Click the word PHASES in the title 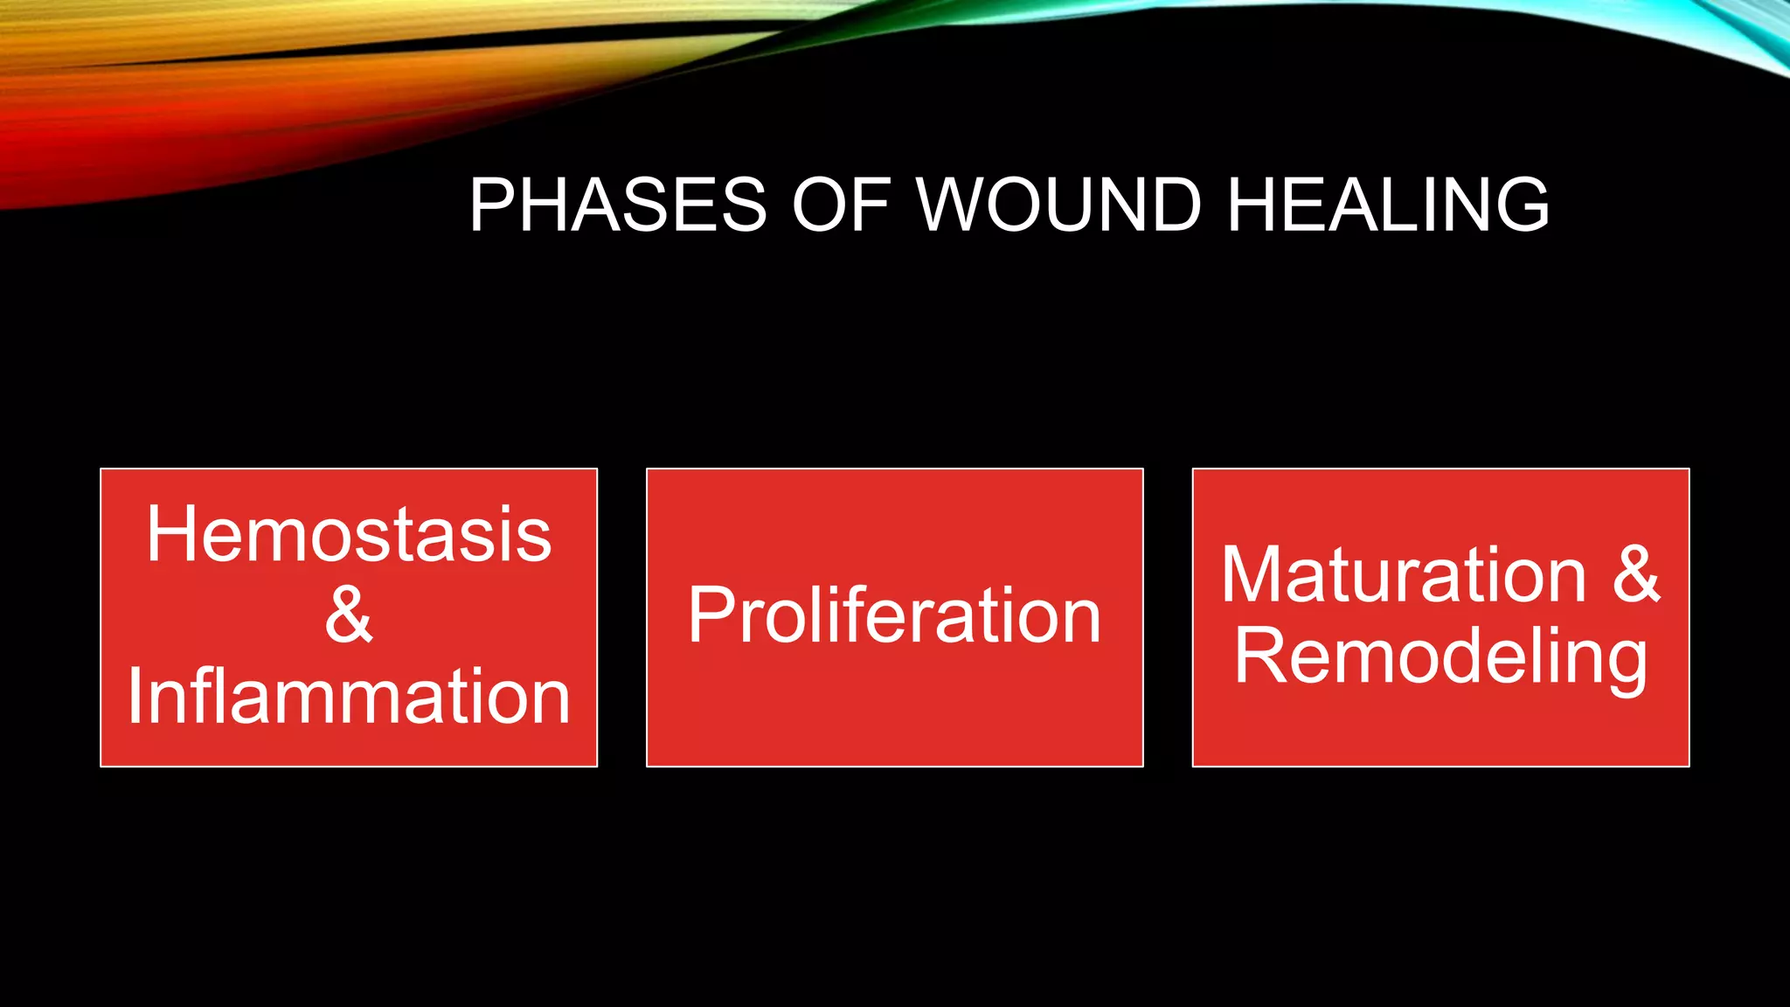[617, 205]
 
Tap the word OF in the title [841, 205]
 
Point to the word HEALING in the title [1388, 205]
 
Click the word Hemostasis [349, 534]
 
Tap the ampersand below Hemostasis [349, 615]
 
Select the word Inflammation [349, 697]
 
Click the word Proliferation [894, 615]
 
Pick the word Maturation [1403, 574]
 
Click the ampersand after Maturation [1635, 574]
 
